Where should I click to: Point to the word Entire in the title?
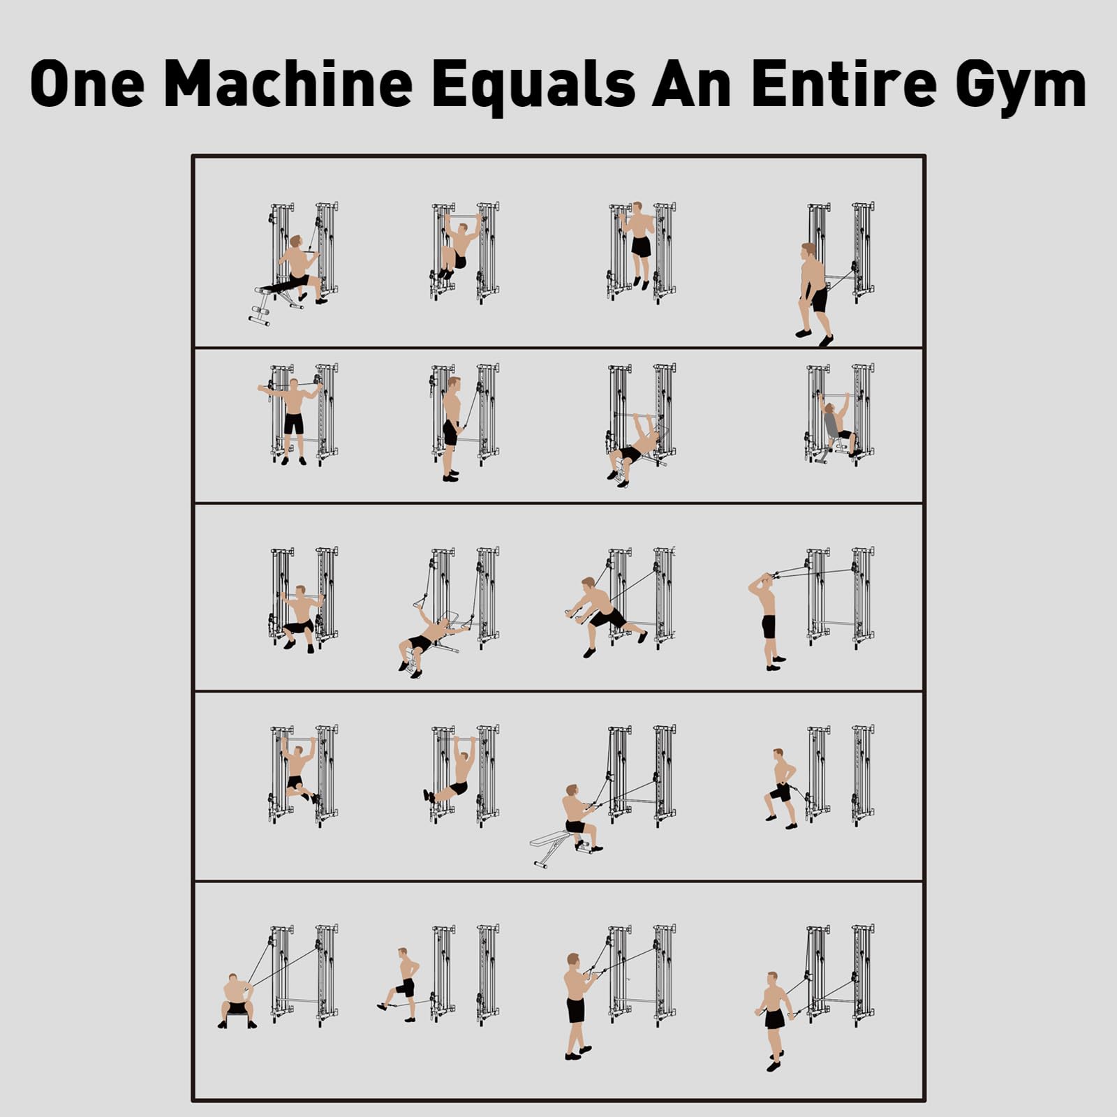(x=845, y=84)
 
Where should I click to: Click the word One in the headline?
(x=87, y=84)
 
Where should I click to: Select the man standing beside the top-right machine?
(x=815, y=294)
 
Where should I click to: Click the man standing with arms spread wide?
(x=293, y=420)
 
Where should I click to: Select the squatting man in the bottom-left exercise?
(x=237, y=1000)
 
